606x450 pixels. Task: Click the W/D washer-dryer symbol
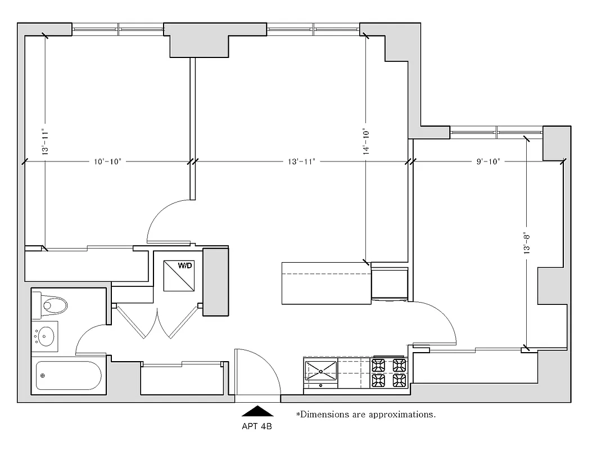(x=179, y=275)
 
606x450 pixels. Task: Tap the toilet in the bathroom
(x=51, y=305)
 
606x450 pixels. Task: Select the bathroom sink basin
(x=46, y=336)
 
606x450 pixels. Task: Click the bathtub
(x=68, y=375)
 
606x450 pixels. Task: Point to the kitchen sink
(x=320, y=371)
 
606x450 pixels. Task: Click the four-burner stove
(x=390, y=372)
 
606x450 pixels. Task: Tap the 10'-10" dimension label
(x=107, y=161)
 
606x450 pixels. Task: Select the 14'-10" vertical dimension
(x=365, y=141)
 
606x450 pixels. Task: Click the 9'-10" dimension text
(x=488, y=161)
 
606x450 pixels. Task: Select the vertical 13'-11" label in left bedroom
(x=44, y=142)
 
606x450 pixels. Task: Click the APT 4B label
(x=257, y=426)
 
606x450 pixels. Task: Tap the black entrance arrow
(x=257, y=411)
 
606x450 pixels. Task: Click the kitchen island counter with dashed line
(x=326, y=282)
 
